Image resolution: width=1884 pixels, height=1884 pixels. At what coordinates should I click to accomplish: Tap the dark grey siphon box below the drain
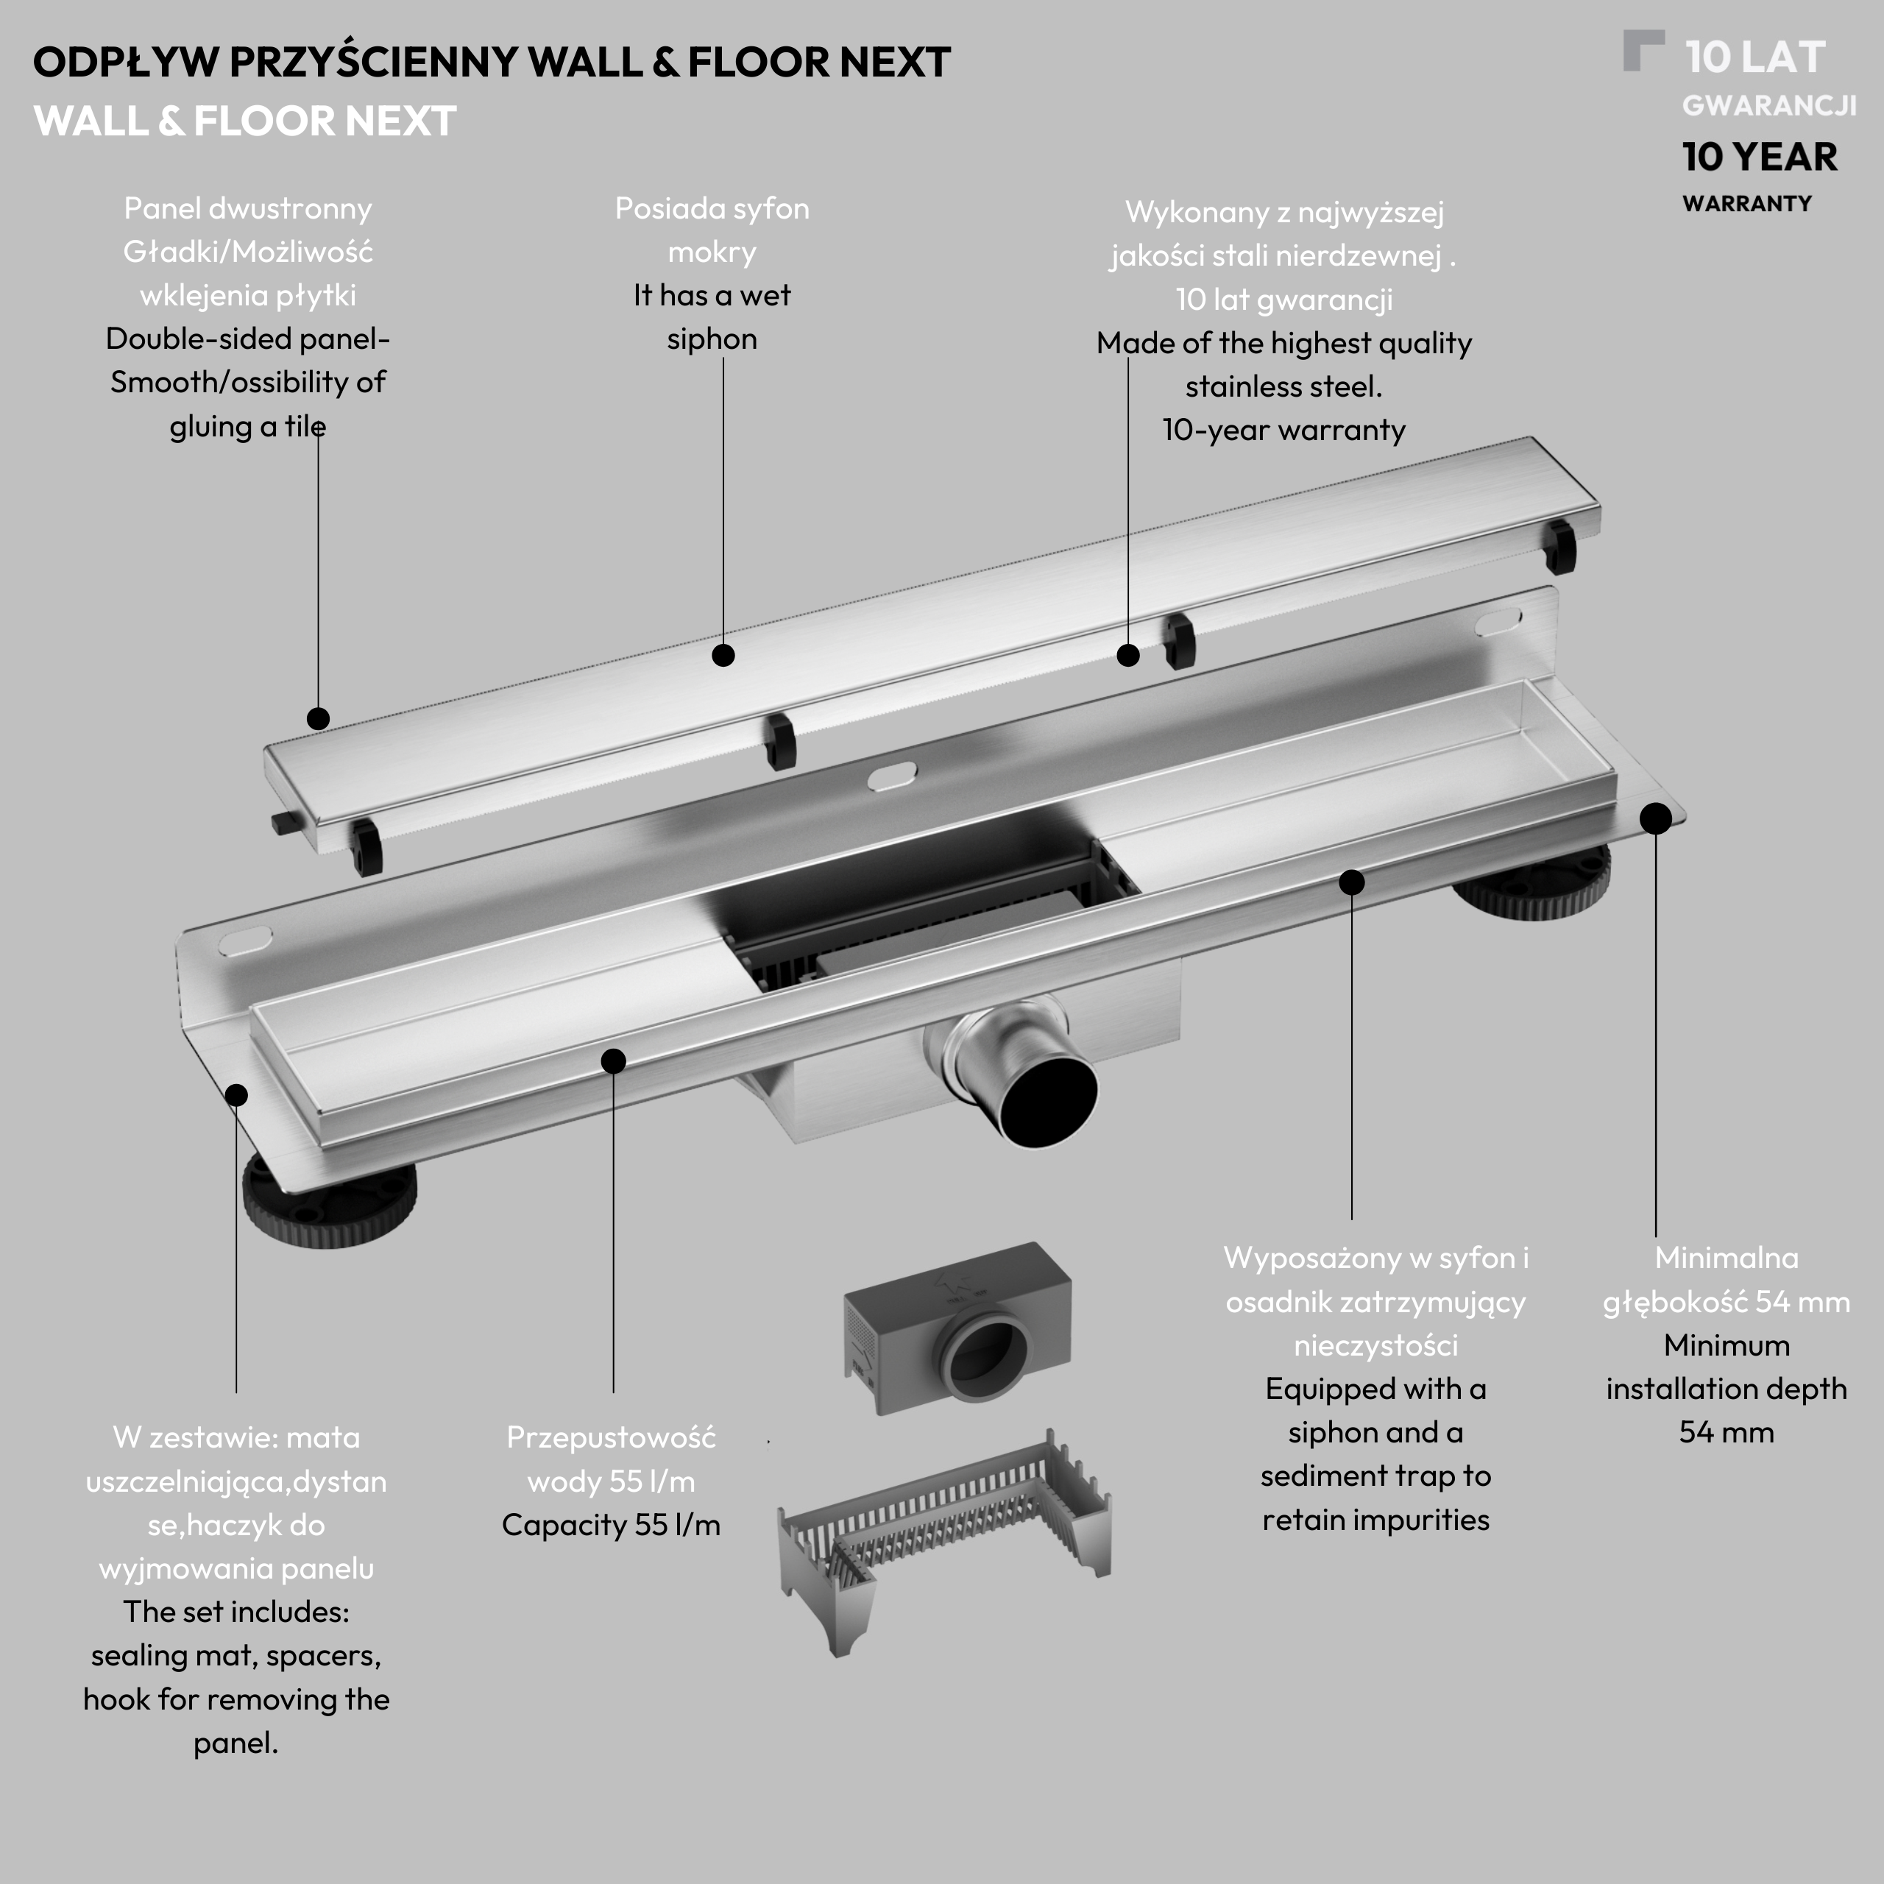coord(957,1328)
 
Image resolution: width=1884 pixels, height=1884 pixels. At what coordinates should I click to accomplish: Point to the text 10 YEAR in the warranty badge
coord(1760,157)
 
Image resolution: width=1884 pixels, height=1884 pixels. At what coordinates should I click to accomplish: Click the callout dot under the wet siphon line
coord(723,655)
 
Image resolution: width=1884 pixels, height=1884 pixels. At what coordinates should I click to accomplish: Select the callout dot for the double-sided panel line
coord(318,719)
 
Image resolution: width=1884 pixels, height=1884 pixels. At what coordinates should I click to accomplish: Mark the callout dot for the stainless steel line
coord(1128,655)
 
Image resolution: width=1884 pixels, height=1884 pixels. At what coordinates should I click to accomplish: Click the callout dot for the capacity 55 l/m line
coord(613,1061)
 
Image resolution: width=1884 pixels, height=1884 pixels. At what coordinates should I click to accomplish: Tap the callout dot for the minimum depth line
coord(1656,818)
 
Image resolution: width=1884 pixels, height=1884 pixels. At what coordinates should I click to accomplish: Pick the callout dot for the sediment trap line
coord(1352,882)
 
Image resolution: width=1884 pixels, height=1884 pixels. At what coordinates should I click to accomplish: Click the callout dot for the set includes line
coord(236,1095)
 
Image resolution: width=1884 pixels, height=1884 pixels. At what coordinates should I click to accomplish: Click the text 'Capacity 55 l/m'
coord(612,1525)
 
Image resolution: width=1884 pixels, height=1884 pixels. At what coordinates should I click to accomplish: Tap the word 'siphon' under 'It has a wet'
coord(712,339)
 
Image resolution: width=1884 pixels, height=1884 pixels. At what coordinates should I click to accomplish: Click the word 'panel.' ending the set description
coord(236,1743)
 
